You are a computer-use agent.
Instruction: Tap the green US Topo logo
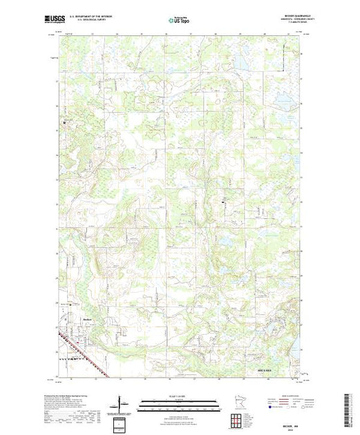178,20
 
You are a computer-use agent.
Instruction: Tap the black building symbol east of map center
222,202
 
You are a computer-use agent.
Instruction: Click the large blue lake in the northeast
242,64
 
